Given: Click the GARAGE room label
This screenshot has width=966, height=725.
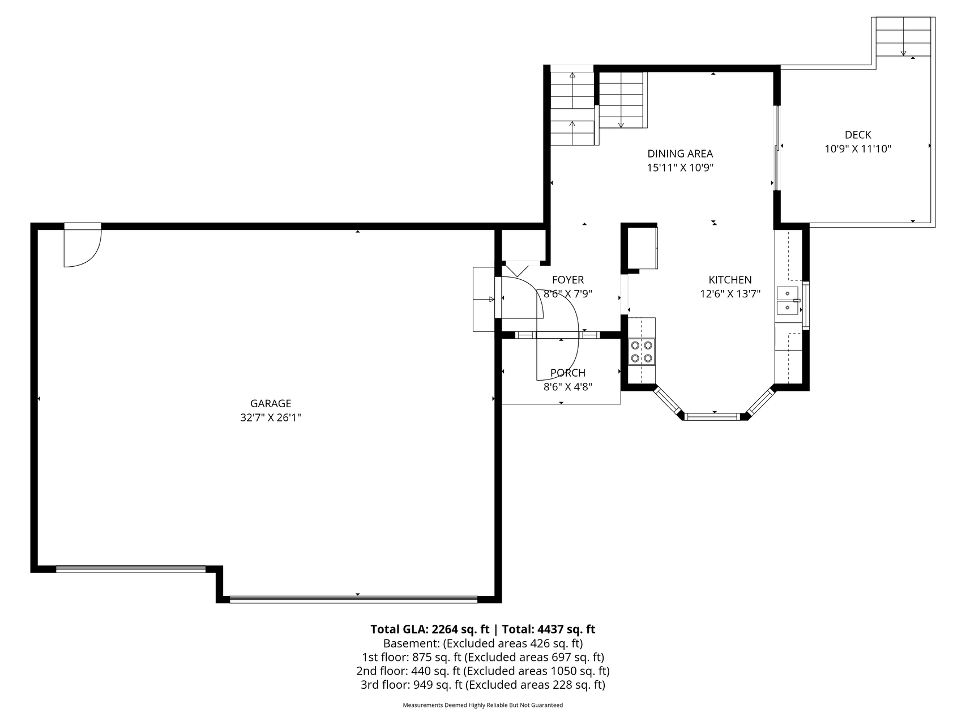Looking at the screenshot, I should coord(271,403).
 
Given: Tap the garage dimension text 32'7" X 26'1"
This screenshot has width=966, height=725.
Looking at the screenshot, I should coord(271,418).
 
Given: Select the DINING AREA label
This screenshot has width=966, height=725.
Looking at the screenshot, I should coord(680,153).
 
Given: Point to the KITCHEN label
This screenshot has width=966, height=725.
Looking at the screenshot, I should coord(730,280).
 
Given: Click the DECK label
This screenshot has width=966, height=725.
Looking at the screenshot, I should coord(858,135).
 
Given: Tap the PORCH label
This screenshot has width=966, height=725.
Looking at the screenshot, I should coord(568,373).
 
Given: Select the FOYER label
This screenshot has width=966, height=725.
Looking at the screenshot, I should coord(568,280).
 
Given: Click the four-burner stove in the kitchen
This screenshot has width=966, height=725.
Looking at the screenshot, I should coord(642,351).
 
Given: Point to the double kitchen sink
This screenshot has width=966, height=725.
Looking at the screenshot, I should coord(787,301).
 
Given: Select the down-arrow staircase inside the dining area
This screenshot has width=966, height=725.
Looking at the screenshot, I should coord(621,100).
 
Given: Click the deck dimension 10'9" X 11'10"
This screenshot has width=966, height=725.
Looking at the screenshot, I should coord(858,150).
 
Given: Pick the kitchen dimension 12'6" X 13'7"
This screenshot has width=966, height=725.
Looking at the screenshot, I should coord(730,294).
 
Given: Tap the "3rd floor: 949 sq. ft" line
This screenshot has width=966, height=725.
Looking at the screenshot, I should coord(482,685).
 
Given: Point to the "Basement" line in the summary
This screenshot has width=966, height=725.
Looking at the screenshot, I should coord(482,643).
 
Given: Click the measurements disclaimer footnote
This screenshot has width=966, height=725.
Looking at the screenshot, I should coord(482,705).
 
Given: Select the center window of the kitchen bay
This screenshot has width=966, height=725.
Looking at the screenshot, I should coord(713,417).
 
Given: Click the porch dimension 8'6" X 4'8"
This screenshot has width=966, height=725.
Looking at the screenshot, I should coord(568,387).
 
